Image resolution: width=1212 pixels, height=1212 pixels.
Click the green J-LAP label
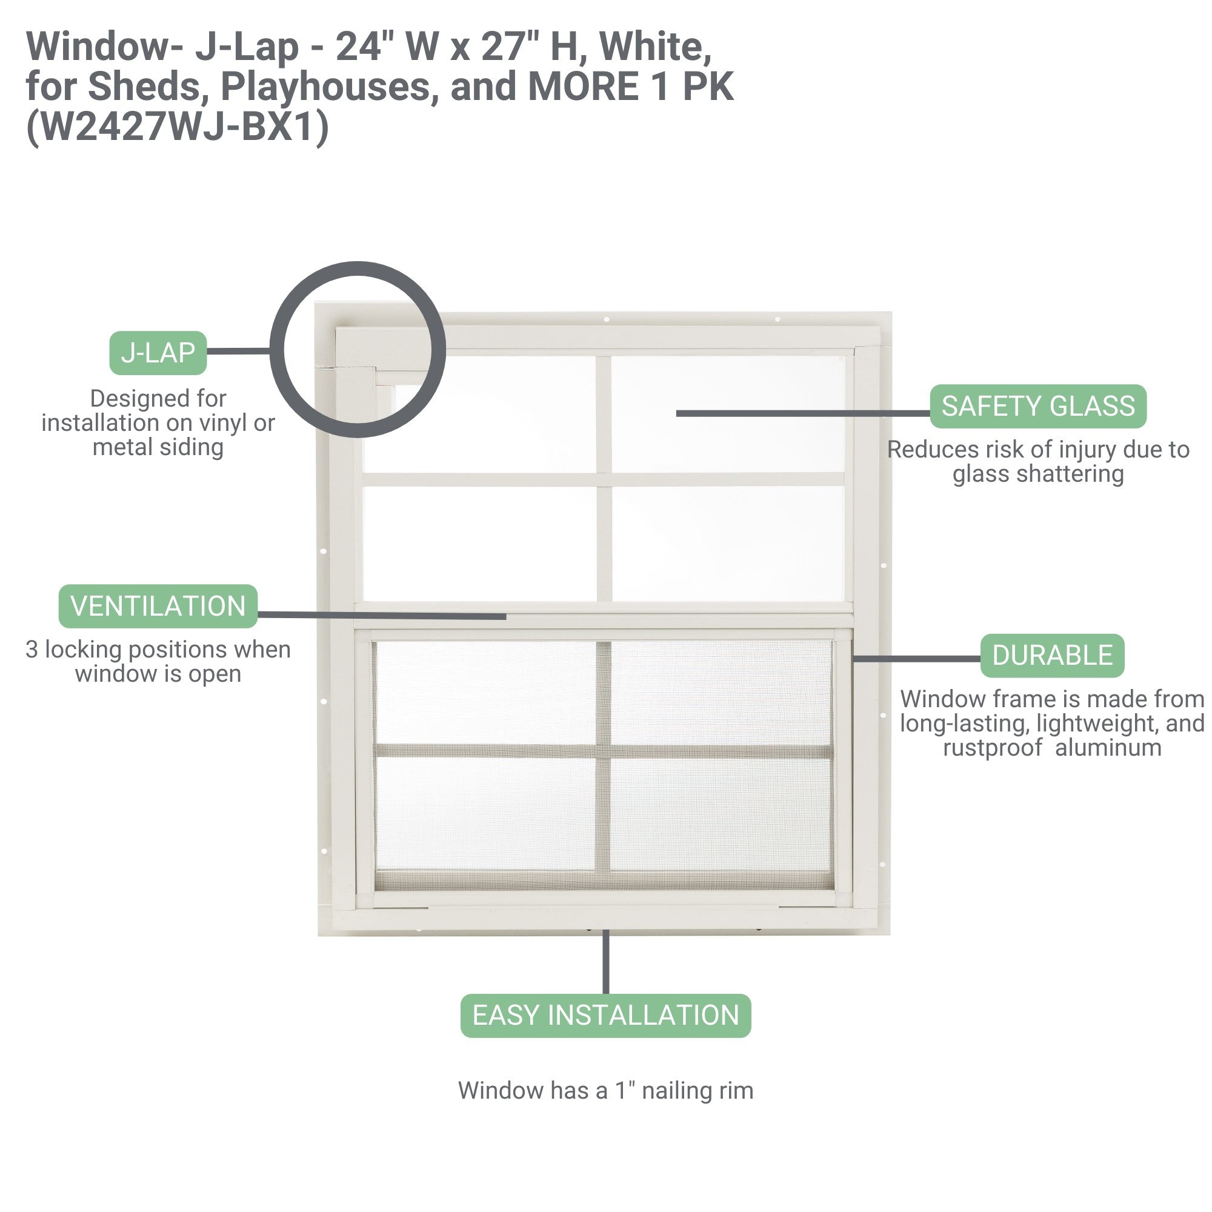pos(158,353)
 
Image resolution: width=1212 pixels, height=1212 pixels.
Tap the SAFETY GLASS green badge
pos(1038,407)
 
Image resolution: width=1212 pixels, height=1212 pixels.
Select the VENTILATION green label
pos(158,606)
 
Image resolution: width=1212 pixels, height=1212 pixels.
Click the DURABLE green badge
pos(1052,656)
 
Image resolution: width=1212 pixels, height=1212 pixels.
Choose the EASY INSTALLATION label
pos(605,1016)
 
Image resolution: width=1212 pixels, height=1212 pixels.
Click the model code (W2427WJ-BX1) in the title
pos(178,127)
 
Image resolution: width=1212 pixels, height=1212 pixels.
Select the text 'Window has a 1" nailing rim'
pos(605,1091)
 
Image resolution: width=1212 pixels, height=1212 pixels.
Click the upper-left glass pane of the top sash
pos(480,414)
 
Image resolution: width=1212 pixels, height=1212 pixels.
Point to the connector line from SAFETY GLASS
pos(803,413)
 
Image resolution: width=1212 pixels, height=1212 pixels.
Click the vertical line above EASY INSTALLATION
pos(605,962)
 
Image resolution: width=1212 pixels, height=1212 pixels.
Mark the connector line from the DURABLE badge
pos(916,659)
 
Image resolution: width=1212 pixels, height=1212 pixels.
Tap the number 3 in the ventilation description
pos(32,649)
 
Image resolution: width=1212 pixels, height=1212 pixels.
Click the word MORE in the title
pos(584,87)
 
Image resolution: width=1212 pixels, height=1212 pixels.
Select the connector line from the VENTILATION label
pos(382,616)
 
